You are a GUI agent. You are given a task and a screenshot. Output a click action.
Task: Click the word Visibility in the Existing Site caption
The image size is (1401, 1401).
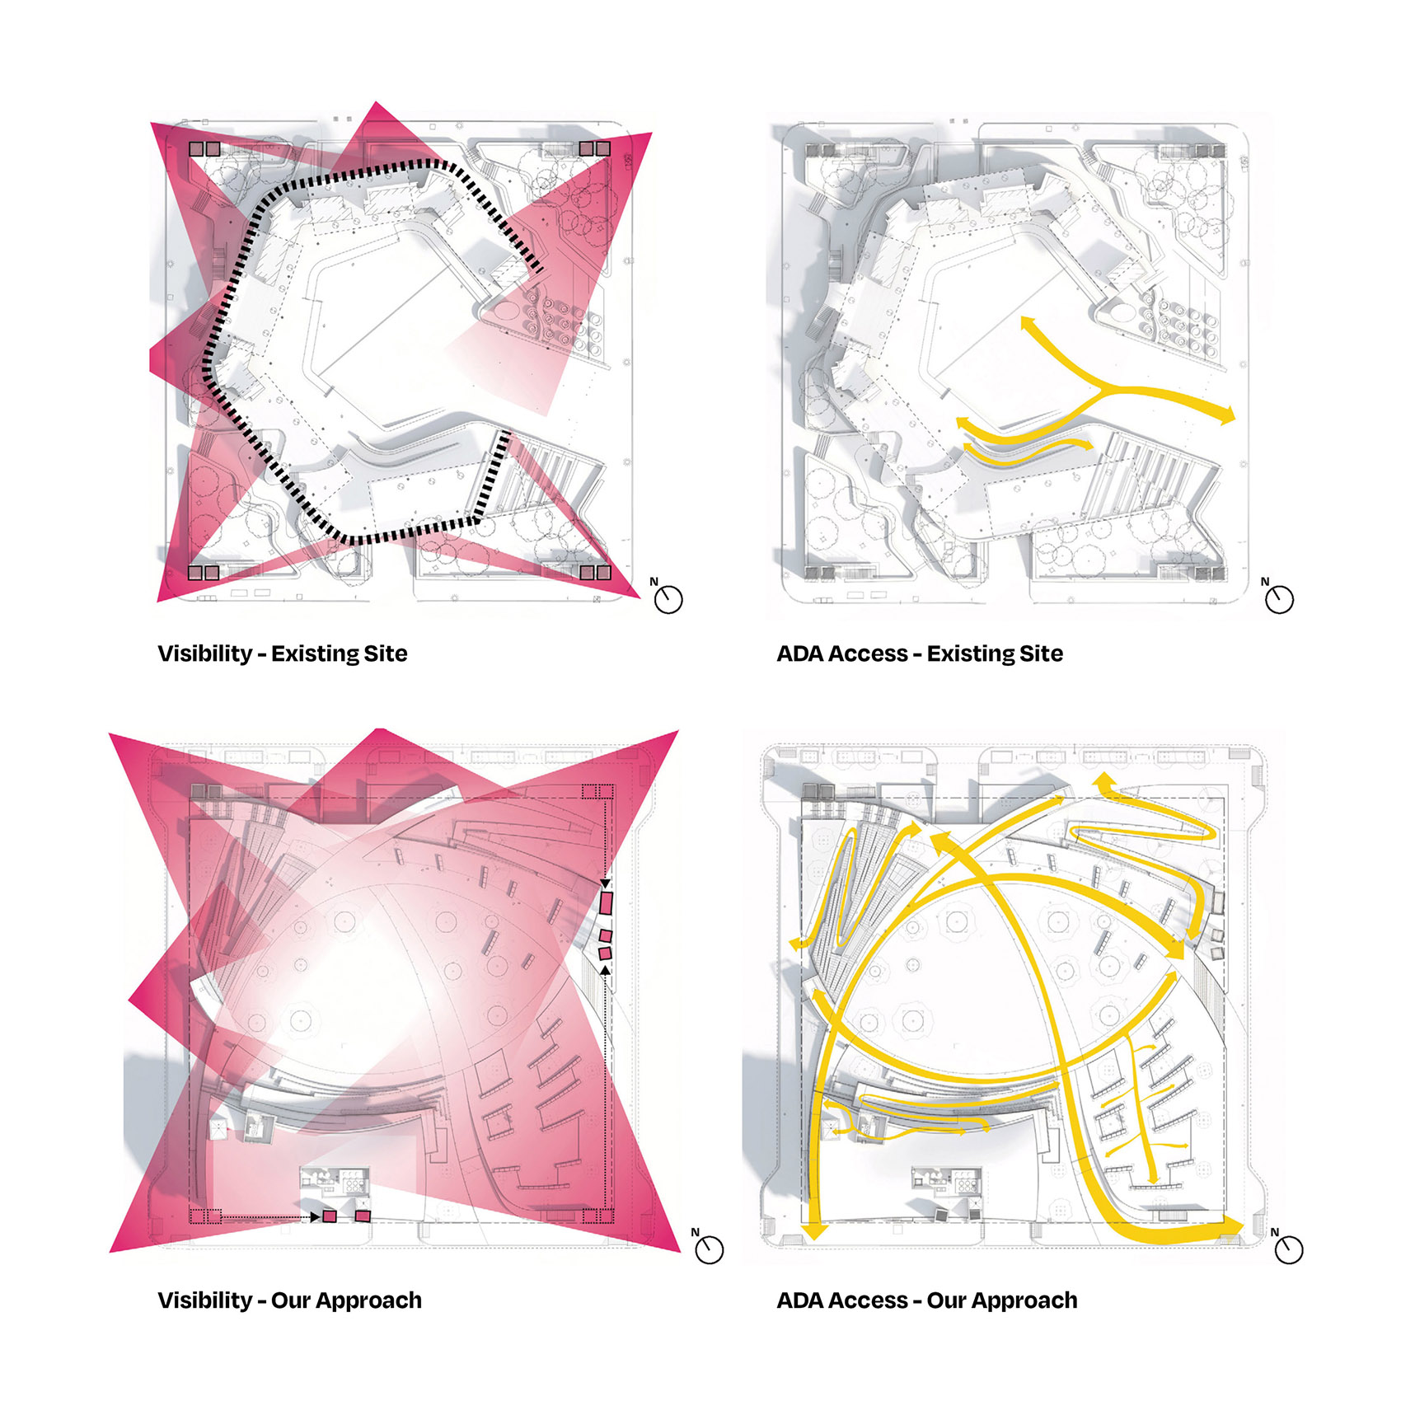(x=205, y=654)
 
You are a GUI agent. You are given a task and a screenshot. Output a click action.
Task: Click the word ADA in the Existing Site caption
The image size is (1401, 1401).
(x=800, y=654)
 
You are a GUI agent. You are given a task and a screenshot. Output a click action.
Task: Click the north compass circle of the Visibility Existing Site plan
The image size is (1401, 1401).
(x=668, y=600)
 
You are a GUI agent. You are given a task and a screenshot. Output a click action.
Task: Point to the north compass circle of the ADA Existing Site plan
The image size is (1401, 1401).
(x=1280, y=600)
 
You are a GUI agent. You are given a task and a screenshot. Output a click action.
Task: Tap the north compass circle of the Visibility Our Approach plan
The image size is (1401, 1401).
(x=710, y=1250)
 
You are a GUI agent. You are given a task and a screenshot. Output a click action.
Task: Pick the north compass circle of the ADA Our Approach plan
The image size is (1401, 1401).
(x=1289, y=1250)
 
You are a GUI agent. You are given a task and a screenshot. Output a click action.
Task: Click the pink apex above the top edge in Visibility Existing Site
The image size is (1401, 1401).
(x=377, y=102)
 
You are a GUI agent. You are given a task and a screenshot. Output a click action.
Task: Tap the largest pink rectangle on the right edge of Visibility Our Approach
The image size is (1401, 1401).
(x=607, y=903)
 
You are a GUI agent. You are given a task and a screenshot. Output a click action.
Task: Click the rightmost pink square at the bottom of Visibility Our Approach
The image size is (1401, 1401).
(x=363, y=1216)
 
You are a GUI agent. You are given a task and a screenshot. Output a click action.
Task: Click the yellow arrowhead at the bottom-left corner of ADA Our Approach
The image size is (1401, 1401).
(x=815, y=1230)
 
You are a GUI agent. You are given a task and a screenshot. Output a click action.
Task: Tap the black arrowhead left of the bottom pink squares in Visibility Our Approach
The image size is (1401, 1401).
(x=316, y=1216)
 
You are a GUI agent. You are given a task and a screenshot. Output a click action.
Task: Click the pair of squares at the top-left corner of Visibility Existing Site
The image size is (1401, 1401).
(x=204, y=149)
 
